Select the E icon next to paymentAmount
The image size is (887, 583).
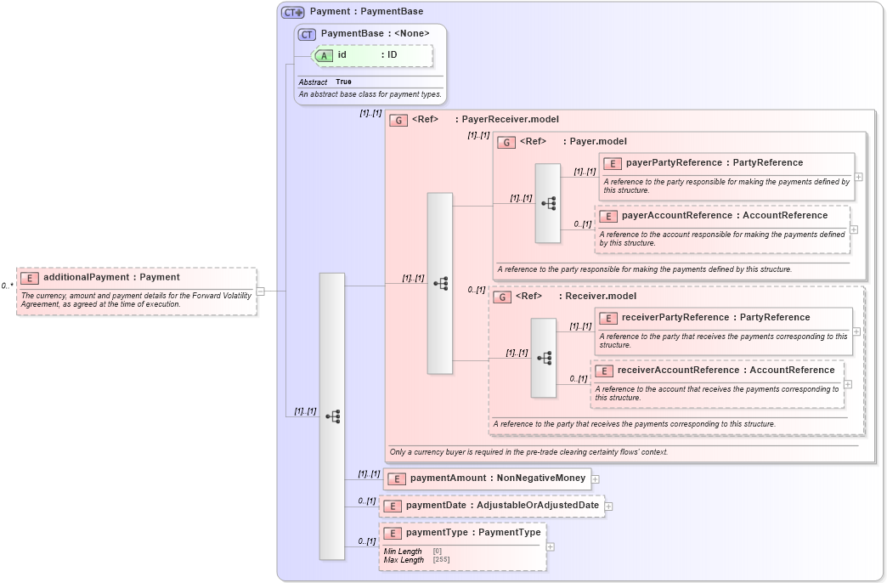[396, 478]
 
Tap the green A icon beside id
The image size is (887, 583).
[325, 55]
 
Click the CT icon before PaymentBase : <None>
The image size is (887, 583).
[308, 34]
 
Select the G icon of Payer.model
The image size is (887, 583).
[506, 142]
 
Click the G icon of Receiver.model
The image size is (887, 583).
[502, 297]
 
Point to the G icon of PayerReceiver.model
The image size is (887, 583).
[398, 120]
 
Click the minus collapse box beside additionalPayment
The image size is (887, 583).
[260, 291]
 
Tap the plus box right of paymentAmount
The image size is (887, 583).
[596, 479]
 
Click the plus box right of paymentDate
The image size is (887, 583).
[608, 507]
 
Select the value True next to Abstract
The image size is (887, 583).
[343, 82]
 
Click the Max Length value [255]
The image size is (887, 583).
[441, 560]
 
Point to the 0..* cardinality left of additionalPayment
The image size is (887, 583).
[7, 286]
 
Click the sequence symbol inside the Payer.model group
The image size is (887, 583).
[548, 203]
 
